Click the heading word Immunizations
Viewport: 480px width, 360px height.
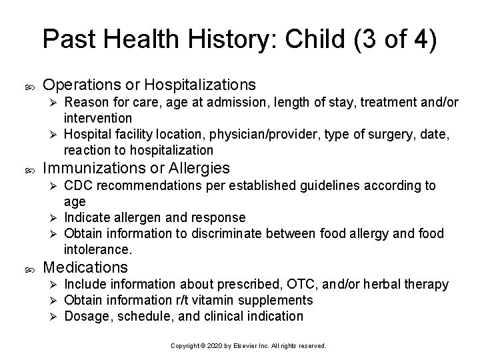(x=90, y=168)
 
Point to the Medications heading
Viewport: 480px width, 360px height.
(x=85, y=267)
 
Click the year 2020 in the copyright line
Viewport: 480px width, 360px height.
(x=209, y=347)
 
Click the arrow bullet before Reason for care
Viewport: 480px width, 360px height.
(x=55, y=103)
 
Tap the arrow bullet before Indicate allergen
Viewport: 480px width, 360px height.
(x=55, y=218)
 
